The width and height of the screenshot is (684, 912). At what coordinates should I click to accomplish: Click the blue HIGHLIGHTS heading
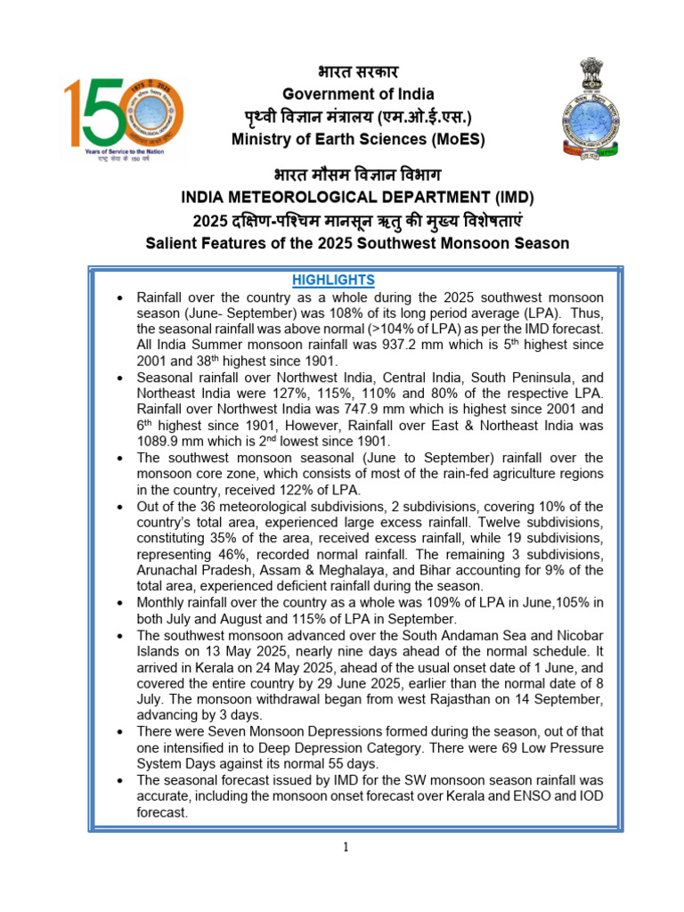tap(333, 280)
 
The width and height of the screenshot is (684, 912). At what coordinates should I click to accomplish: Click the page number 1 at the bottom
tap(346, 846)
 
